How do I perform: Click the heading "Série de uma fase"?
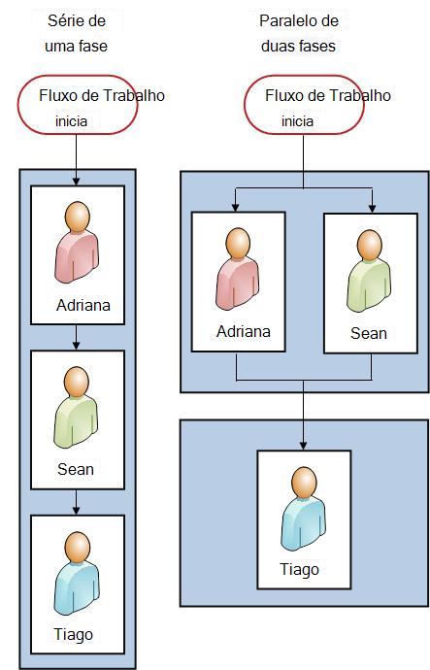[76, 33]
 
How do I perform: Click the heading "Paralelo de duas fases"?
[299, 33]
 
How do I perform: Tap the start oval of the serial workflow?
[78, 105]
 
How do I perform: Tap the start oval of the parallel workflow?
[304, 105]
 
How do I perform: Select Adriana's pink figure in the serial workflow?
[77, 243]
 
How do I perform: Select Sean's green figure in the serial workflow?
[76, 407]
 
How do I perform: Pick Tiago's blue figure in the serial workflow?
[77, 573]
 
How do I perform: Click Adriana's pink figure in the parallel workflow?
[238, 269]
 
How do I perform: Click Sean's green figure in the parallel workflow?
[369, 271]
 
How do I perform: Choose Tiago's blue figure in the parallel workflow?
[303, 509]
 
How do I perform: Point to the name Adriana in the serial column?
[83, 306]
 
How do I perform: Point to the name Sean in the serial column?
[76, 469]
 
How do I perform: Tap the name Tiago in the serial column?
[73, 635]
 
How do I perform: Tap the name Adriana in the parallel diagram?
[244, 331]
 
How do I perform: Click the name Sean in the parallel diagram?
[369, 333]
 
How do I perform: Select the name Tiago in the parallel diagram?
[299, 570]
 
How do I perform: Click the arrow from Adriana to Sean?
[77, 337]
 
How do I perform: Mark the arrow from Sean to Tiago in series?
[77, 502]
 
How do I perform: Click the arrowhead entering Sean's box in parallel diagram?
[373, 209]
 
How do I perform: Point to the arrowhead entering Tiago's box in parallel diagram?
[303, 446]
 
